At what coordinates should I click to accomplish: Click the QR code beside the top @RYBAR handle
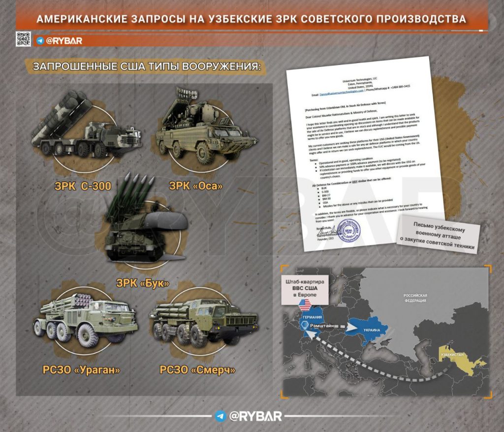[x=23, y=39]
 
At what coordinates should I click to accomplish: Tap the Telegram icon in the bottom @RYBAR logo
[x=221, y=416]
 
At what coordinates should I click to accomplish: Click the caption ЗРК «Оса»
[x=196, y=186]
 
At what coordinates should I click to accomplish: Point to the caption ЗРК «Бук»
[x=143, y=283]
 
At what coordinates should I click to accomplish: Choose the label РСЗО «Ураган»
[x=81, y=369]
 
